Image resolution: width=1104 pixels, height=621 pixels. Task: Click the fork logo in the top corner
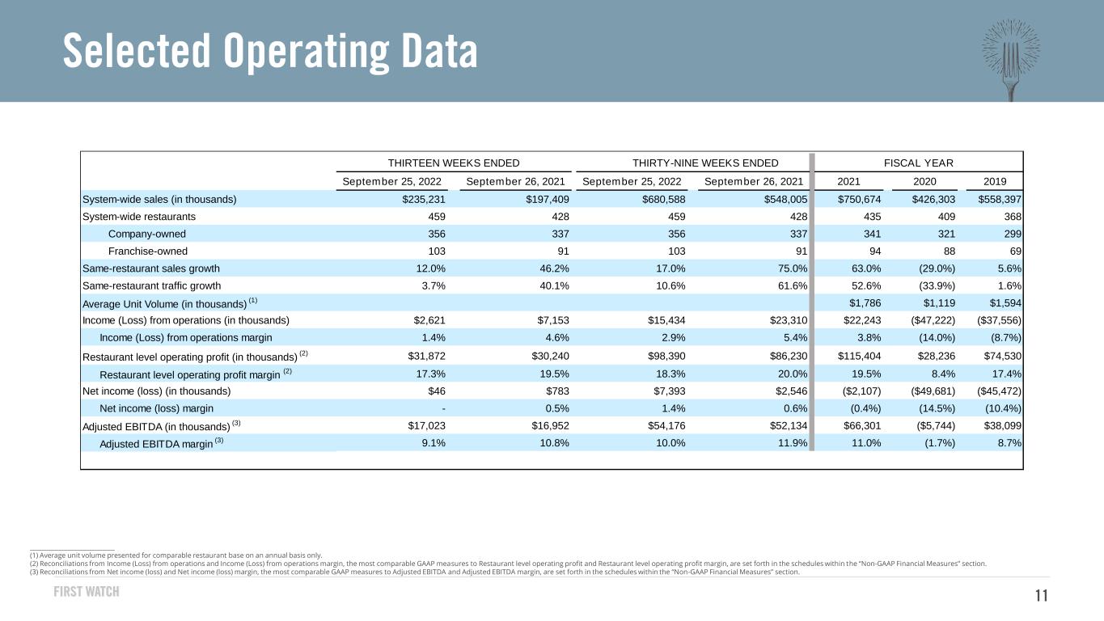[x=1011, y=59]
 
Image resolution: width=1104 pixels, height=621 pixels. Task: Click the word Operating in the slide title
[x=306, y=51]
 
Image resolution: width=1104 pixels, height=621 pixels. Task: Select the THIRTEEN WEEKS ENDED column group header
[x=454, y=163]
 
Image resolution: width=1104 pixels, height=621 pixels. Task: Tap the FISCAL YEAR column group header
[x=919, y=163]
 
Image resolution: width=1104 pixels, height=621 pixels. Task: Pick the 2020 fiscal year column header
[x=924, y=181]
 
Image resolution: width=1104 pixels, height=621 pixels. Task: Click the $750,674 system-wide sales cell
[x=859, y=199]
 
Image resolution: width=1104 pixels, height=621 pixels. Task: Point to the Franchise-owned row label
[x=148, y=251]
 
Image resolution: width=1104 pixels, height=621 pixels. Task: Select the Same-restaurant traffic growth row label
[x=151, y=286]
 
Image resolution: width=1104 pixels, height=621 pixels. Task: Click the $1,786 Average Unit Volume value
[x=865, y=303]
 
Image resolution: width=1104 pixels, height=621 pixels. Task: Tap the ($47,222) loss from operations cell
[x=933, y=320]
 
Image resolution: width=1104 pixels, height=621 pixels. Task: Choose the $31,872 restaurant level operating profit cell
[x=426, y=356]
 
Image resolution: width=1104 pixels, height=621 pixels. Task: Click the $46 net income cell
[x=437, y=391]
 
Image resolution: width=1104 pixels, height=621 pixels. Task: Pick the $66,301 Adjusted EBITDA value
[x=862, y=425]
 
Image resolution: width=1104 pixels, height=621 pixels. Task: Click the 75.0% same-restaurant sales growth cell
[x=793, y=268]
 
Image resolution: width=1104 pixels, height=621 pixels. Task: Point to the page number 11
[x=1042, y=596]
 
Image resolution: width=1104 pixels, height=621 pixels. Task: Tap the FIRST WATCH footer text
[x=87, y=591]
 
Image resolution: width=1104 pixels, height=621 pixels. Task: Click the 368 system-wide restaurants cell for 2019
[x=1013, y=217]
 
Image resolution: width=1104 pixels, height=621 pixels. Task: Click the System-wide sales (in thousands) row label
[x=159, y=199]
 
